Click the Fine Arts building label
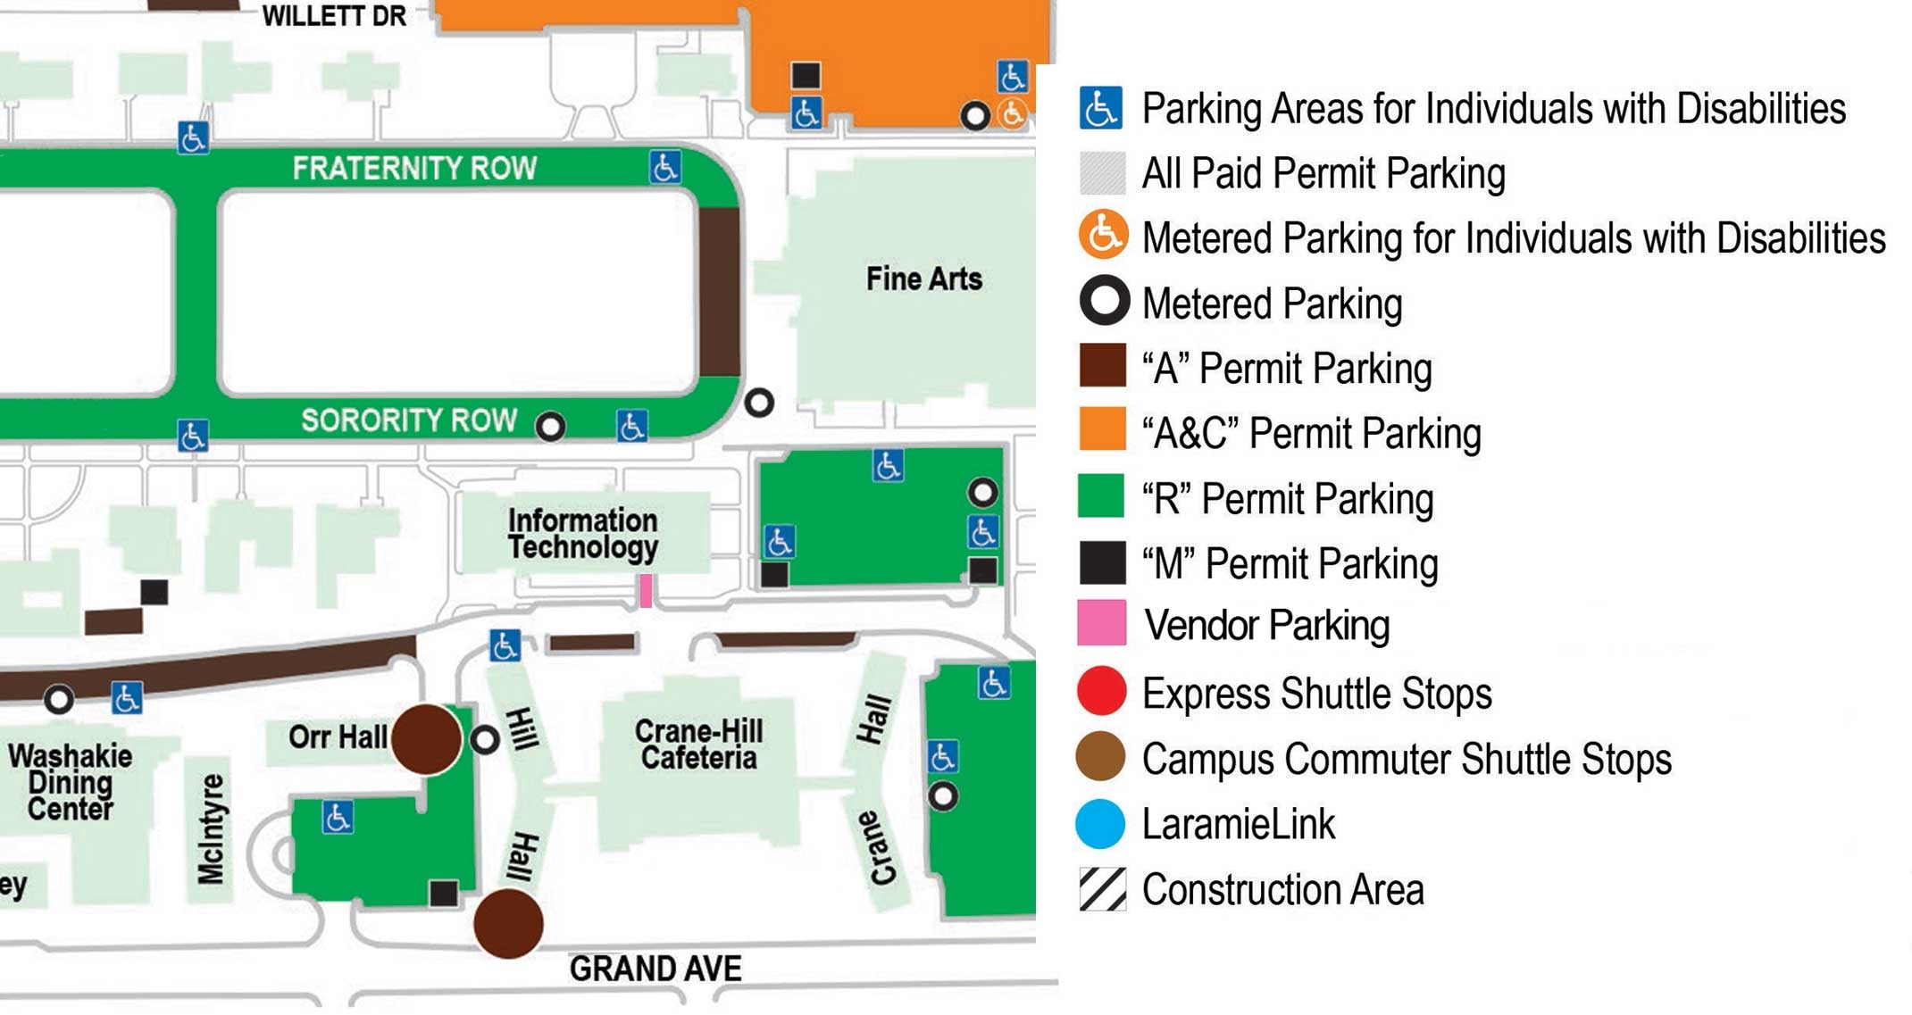tap(923, 279)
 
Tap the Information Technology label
tap(582, 534)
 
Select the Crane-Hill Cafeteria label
tap(698, 745)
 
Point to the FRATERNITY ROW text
tap(414, 169)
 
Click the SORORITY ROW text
tap(409, 420)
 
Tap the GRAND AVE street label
tap(655, 969)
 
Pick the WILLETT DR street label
tap(334, 16)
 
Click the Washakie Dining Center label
tap(70, 782)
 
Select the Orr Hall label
tap(338, 737)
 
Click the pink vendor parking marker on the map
tap(646, 590)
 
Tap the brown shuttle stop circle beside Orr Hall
tap(427, 739)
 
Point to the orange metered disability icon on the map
tap(1012, 114)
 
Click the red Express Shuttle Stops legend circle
tap(1101, 692)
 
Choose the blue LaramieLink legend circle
tap(1101, 823)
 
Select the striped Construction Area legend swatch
tap(1102, 889)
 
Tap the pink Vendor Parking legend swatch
tap(1101, 623)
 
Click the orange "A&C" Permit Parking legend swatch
tap(1102, 429)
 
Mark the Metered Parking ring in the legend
tap(1105, 301)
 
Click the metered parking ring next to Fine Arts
tap(759, 403)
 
